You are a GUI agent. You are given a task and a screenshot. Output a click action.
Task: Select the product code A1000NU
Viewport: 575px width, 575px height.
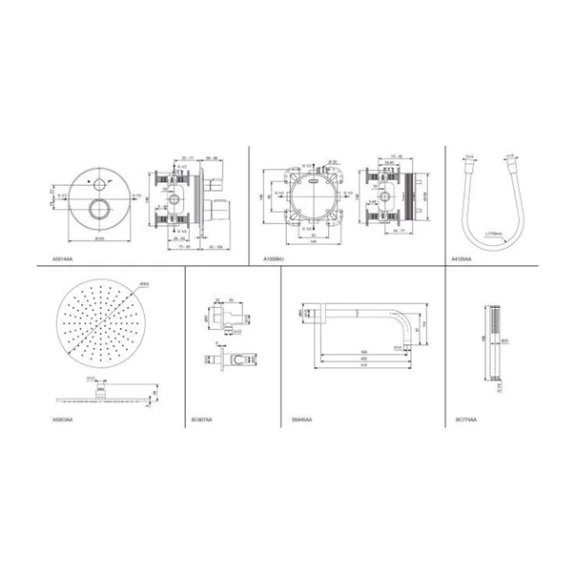click(x=276, y=258)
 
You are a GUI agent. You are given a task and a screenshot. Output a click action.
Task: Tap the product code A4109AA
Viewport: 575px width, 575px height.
click(x=461, y=258)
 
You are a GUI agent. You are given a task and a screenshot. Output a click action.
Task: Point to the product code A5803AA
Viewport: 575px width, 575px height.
click(x=64, y=419)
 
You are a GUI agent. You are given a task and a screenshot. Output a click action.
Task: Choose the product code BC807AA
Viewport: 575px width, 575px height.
click(x=201, y=419)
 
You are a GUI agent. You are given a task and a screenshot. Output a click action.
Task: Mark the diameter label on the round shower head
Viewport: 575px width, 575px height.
click(x=144, y=285)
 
